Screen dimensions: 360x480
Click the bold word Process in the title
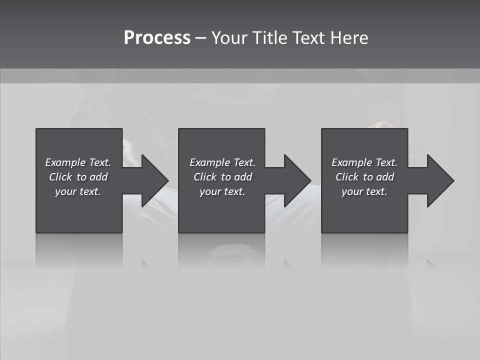pos(157,38)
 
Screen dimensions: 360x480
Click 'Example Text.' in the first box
pos(78,162)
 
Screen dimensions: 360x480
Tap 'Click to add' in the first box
pos(78,177)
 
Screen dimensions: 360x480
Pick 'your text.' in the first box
pos(78,191)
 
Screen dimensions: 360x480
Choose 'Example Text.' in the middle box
pos(222,162)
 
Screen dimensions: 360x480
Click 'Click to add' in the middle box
pos(222,177)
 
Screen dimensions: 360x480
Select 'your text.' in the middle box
pos(222,191)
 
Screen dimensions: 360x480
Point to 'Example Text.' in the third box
pos(364,162)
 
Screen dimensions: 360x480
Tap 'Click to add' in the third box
pos(364,177)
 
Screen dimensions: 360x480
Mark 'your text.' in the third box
pos(364,191)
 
